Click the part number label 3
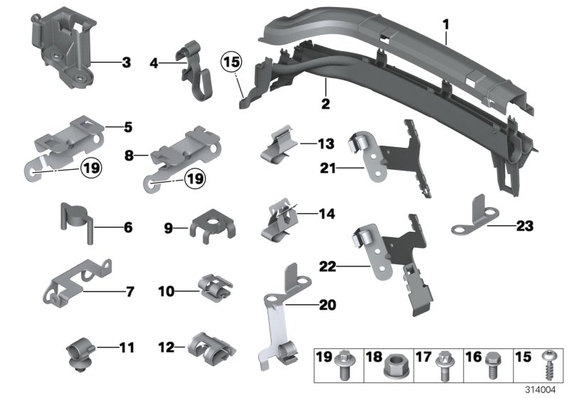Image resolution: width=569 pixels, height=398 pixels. pos(126,63)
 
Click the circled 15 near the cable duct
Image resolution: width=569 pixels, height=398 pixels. pos(232,63)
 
